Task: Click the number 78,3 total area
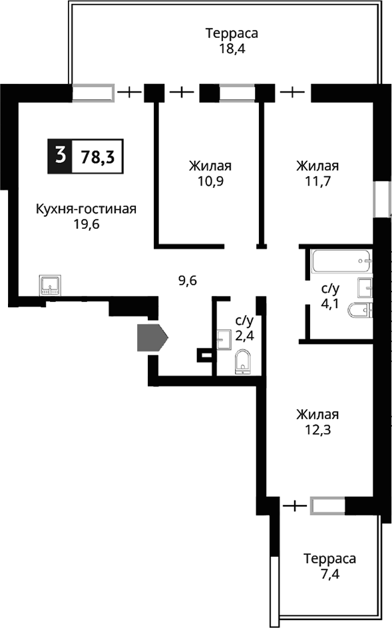tap(97, 157)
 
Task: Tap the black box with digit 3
tap(60, 157)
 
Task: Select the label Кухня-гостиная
tap(86, 210)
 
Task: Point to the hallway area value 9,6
tap(187, 280)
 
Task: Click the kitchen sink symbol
tap(51, 285)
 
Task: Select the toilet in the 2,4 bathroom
tap(243, 362)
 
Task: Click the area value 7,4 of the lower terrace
tap(329, 572)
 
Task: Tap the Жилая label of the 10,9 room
tap(210, 166)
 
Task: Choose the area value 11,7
tap(318, 180)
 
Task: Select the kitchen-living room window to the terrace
tap(93, 92)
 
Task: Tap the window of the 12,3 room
tap(327, 506)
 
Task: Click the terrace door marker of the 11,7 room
tap(293, 92)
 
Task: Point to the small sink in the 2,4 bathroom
tap(223, 338)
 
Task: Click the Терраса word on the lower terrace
tap(329, 557)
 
